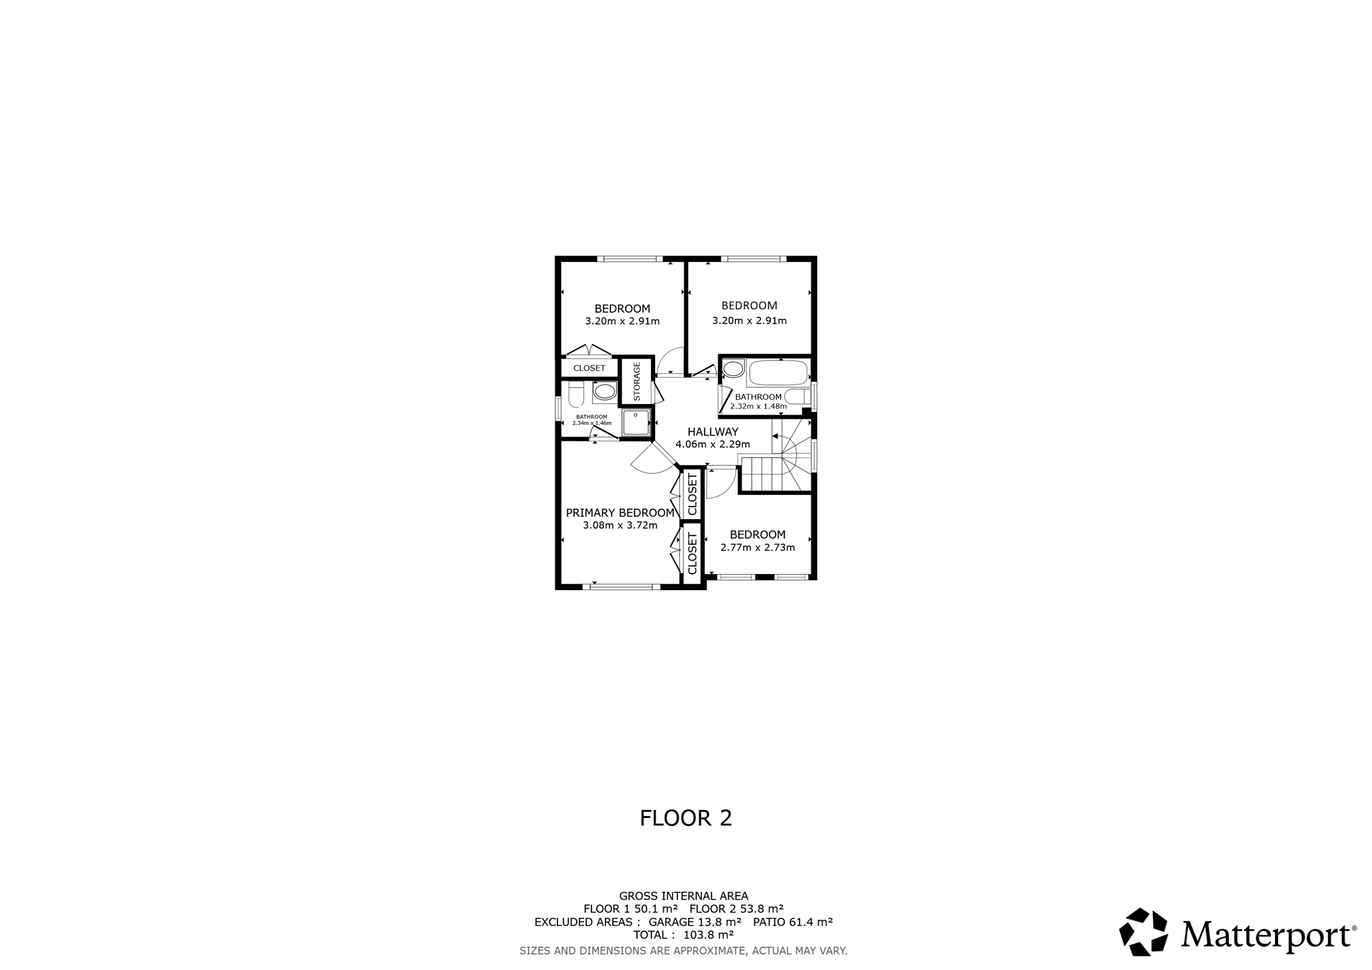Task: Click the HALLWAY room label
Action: [x=713, y=432]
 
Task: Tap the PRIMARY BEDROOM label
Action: [x=620, y=513]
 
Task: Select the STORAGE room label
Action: [x=637, y=381]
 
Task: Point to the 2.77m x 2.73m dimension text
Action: [x=758, y=547]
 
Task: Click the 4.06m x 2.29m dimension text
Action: [x=713, y=444]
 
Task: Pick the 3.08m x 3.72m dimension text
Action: [x=620, y=525]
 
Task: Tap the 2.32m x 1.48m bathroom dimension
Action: [x=758, y=406]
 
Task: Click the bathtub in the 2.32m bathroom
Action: [x=778, y=372]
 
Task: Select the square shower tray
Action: [x=636, y=423]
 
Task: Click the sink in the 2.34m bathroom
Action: [x=605, y=392]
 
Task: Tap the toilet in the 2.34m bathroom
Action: [x=576, y=394]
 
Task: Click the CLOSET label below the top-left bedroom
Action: [x=590, y=368]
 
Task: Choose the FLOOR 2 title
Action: [x=686, y=818]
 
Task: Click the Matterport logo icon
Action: [x=1144, y=932]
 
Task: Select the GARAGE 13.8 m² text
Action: [x=695, y=922]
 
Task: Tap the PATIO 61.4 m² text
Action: [x=793, y=922]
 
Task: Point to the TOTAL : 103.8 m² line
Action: [x=683, y=934]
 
